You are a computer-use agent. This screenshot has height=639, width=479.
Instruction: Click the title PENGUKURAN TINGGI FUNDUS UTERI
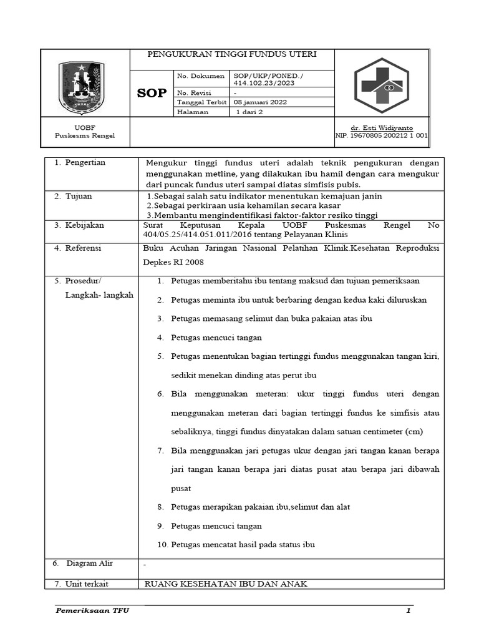(x=232, y=54)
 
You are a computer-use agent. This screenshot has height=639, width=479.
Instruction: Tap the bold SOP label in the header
(x=152, y=93)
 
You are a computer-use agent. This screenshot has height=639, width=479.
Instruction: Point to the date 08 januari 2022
(x=260, y=102)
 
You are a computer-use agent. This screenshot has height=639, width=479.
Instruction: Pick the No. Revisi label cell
(x=195, y=92)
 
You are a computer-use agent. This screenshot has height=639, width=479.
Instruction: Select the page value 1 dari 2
(x=249, y=112)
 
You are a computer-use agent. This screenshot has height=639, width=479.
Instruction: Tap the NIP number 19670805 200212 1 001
(x=382, y=135)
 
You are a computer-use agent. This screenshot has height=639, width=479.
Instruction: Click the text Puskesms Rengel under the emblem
(x=85, y=135)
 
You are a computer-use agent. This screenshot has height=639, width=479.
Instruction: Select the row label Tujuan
(x=79, y=196)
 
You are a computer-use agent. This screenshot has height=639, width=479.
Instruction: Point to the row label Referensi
(x=84, y=248)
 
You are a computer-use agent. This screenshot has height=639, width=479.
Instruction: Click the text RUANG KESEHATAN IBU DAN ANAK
(x=226, y=584)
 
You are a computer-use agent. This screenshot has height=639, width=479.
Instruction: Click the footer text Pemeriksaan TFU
(x=89, y=611)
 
